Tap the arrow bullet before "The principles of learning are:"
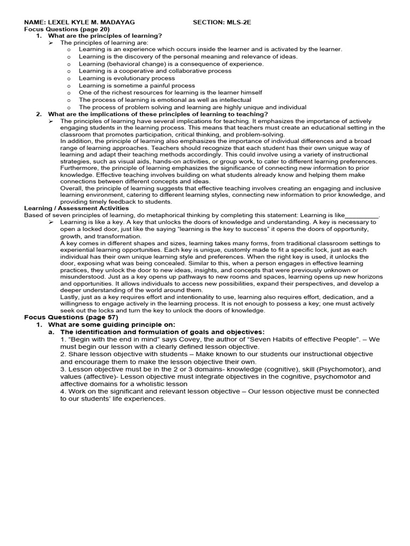[52, 42]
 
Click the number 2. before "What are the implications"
[39, 114]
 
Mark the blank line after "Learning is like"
[362, 215]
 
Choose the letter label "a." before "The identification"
[51, 332]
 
